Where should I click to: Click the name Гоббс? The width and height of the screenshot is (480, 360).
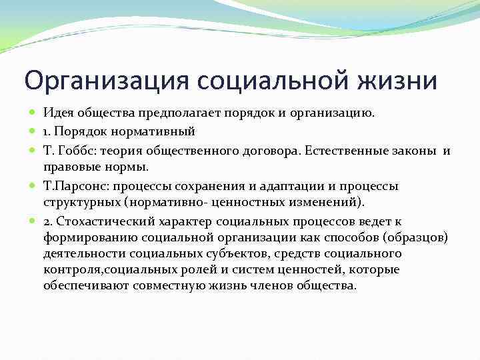click(x=80, y=151)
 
